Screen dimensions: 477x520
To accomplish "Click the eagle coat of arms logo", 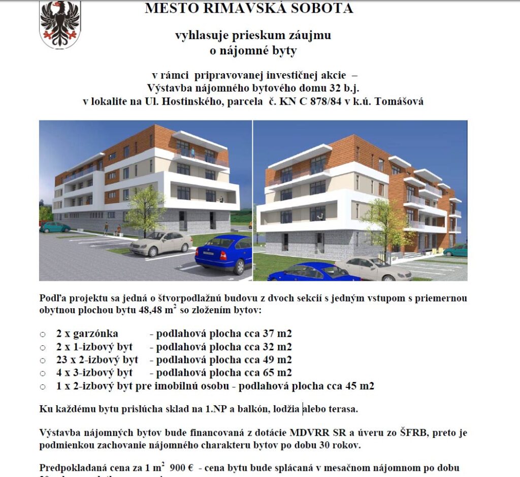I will (x=60, y=24).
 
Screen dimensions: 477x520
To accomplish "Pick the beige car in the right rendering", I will (x=373, y=268).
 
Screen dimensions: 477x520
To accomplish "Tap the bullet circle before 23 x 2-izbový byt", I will (x=43, y=361).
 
